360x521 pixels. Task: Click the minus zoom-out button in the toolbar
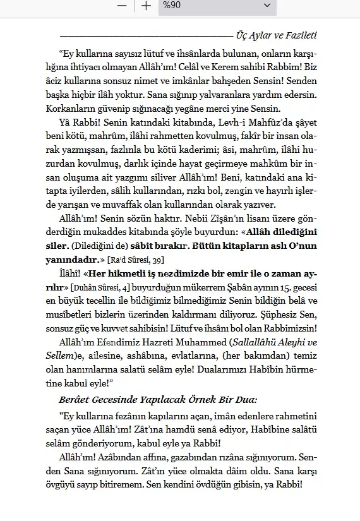coord(122,6)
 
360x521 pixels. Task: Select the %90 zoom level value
coord(171,6)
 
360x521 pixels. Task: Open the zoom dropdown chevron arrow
coord(266,6)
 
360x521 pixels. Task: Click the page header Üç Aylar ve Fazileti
coord(275,35)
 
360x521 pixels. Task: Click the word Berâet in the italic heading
coord(78,400)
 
